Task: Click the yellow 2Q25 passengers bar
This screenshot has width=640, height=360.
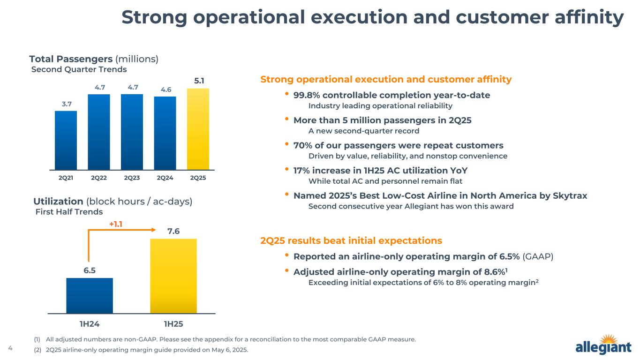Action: point(198,129)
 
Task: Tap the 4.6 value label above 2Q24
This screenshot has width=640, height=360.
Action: point(165,89)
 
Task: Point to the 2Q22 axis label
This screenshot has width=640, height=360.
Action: point(99,178)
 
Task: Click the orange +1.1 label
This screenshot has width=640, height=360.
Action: point(116,224)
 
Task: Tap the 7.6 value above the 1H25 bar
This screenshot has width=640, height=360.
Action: point(173,232)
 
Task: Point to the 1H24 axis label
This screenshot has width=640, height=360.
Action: point(90,323)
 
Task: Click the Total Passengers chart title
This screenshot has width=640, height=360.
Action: point(94,59)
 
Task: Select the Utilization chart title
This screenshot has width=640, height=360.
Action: point(113,202)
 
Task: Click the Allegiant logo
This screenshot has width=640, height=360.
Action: point(603,345)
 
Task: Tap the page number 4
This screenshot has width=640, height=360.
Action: point(10,348)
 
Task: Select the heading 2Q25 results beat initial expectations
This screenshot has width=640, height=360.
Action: point(351,240)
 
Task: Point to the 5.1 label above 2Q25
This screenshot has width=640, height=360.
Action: point(199,81)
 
